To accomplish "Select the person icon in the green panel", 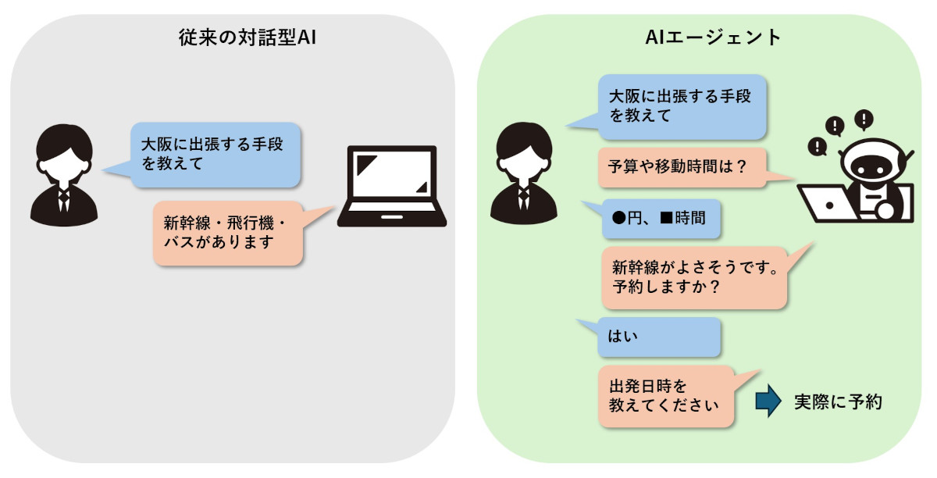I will [525, 173].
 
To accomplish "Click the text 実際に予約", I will [838, 401].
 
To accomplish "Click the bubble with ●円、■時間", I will [659, 218].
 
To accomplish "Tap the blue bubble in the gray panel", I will [215, 154].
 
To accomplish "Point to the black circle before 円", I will [618, 218].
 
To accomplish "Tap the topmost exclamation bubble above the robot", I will [864, 119].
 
